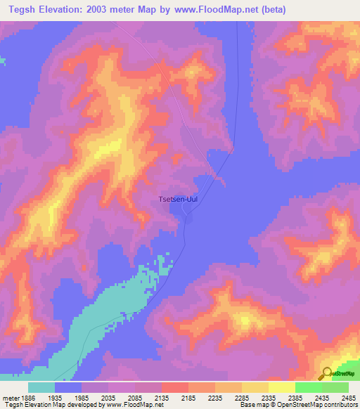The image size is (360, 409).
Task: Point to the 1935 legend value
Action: pos(55,397)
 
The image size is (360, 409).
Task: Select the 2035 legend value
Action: pos(108,397)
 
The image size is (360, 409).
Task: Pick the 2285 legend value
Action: pos(241,397)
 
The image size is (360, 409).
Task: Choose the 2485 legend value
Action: pos(348,397)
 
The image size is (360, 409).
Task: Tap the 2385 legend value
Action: pos(295,397)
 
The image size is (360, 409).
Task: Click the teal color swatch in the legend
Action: pos(41,387)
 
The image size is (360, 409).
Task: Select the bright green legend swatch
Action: pos(308,387)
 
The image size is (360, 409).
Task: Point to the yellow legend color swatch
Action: pos(281,387)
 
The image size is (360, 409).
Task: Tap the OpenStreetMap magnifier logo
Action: pos(327,374)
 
